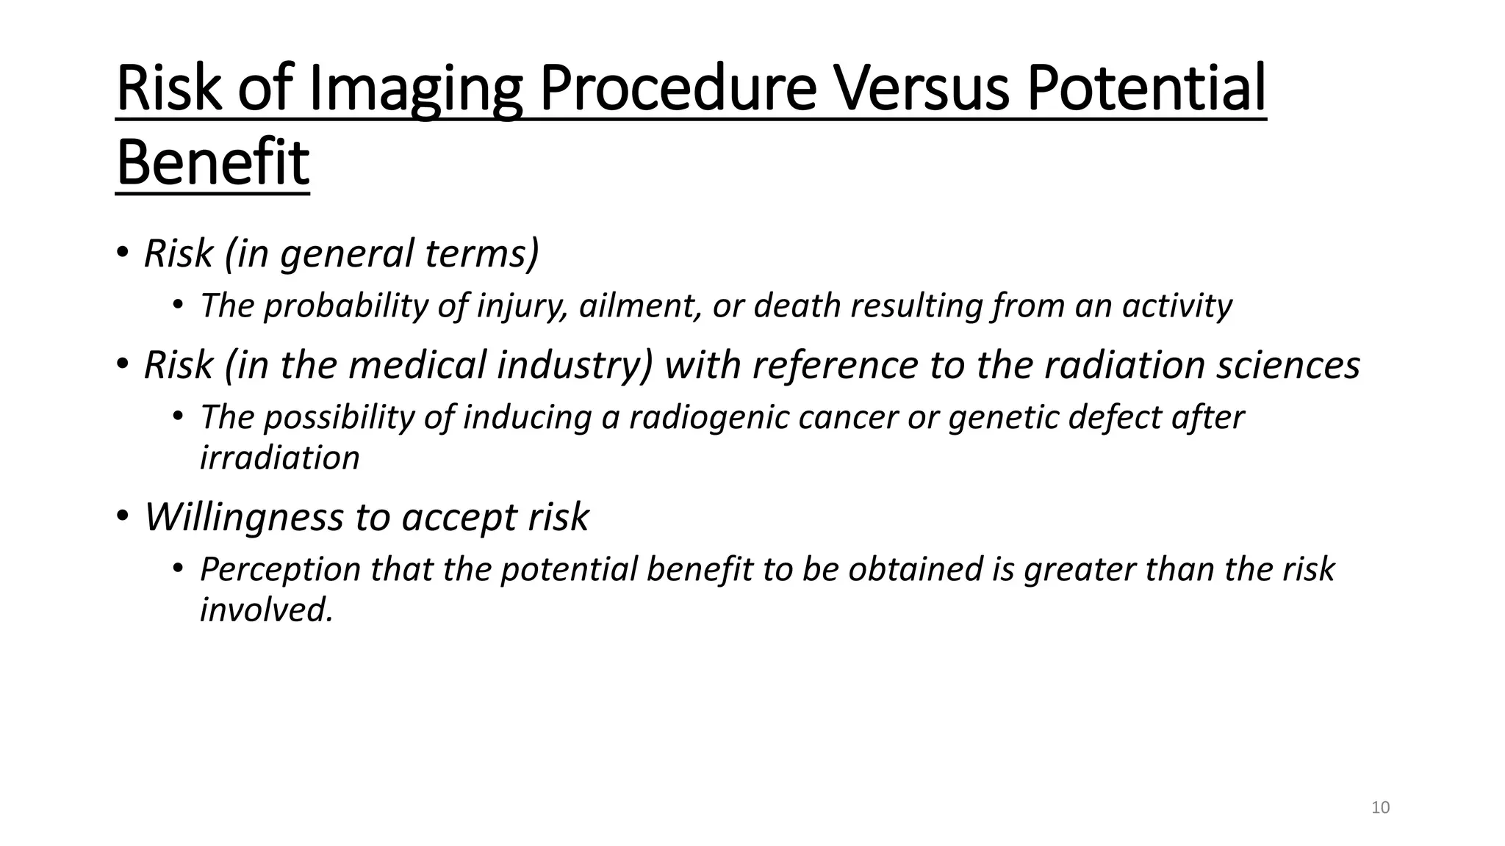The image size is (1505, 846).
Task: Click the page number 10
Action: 1380,808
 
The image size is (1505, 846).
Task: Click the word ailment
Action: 640,306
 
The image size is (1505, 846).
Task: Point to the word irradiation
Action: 279,458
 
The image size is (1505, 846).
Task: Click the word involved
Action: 266,610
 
